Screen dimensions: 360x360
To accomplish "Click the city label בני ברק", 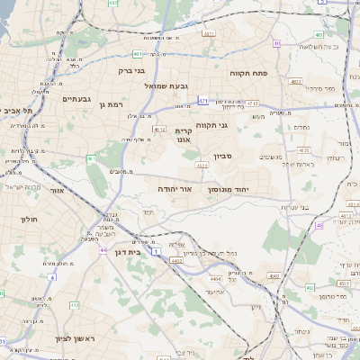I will (132, 68).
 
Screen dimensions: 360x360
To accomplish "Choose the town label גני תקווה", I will (237, 125).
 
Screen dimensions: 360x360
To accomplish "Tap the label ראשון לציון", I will (43, 338).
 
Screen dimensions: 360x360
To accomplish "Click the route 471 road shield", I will (203, 101).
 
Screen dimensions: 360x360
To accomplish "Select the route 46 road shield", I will (319, 226).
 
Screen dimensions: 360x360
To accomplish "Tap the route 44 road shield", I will (103, 249).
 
